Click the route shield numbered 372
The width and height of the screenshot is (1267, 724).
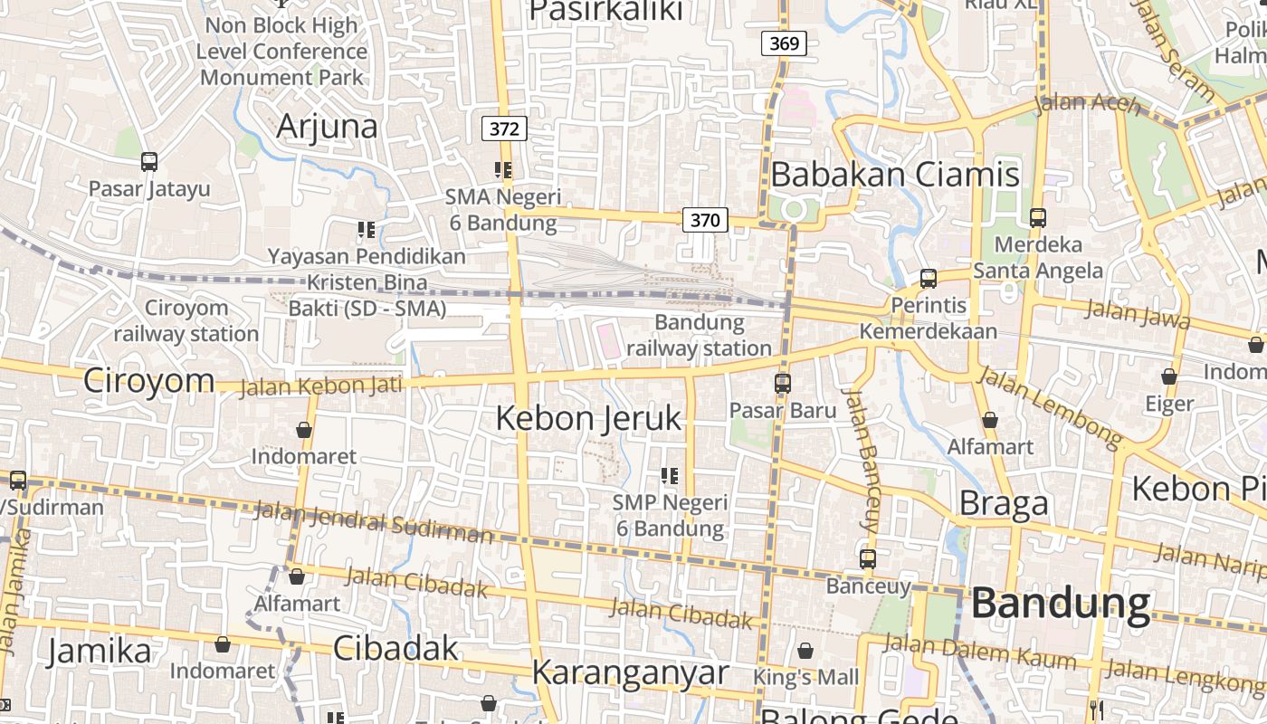(504, 129)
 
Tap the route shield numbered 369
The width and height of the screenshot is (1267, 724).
(783, 43)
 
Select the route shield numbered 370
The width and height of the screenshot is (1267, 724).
(705, 219)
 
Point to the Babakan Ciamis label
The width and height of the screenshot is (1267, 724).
(895, 174)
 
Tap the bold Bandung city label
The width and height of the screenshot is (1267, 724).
(1061, 604)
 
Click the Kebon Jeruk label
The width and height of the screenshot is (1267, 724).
(588, 418)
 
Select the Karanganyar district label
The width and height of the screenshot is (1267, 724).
(630, 672)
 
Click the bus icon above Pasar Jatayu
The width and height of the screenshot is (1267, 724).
(149, 162)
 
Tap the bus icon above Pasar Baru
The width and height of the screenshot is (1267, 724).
(783, 383)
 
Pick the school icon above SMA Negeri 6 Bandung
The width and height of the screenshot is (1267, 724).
(503, 169)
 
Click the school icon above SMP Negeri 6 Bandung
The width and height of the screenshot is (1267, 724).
(670, 475)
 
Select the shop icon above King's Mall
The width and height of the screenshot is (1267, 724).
(805, 651)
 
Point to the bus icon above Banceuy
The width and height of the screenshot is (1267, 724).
(868, 558)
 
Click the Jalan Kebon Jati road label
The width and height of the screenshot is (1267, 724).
(320, 386)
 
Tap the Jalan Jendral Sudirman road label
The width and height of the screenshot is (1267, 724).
(373, 522)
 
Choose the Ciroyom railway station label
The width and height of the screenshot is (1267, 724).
(186, 321)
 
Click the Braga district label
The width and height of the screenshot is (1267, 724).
(1004, 503)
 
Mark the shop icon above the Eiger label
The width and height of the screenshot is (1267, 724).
(1169, 376)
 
